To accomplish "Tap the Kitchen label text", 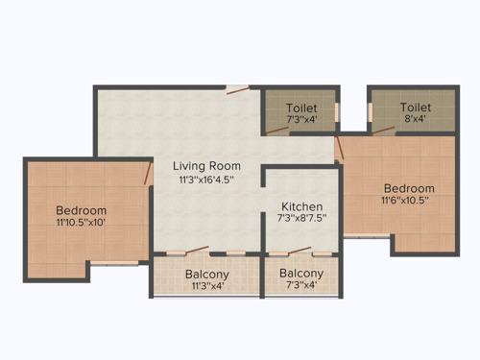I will pos(301,206).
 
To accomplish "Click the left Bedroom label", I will pos(81,210).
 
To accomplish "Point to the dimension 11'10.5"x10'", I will pos(81,224).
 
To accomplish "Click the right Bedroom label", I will pos(409,188).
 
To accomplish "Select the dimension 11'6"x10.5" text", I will pos(409,202).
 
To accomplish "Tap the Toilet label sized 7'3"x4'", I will pos(300,108).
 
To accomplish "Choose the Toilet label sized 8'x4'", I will pos(416,108).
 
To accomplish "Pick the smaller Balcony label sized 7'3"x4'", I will pos(301,274).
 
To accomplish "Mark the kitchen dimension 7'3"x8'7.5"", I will pos(301,220).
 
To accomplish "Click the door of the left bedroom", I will pos(148,175).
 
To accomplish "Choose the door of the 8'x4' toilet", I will pos(386,128).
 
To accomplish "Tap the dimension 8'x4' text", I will pos(416,121).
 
